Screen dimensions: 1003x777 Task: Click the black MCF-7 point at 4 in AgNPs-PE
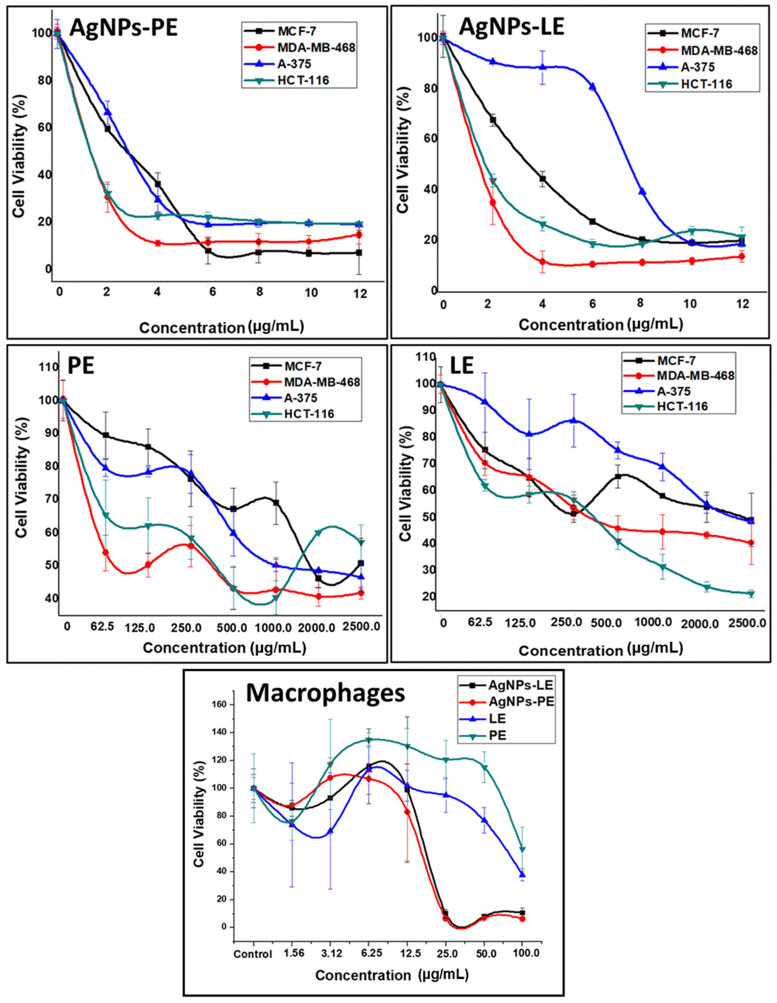158,184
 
